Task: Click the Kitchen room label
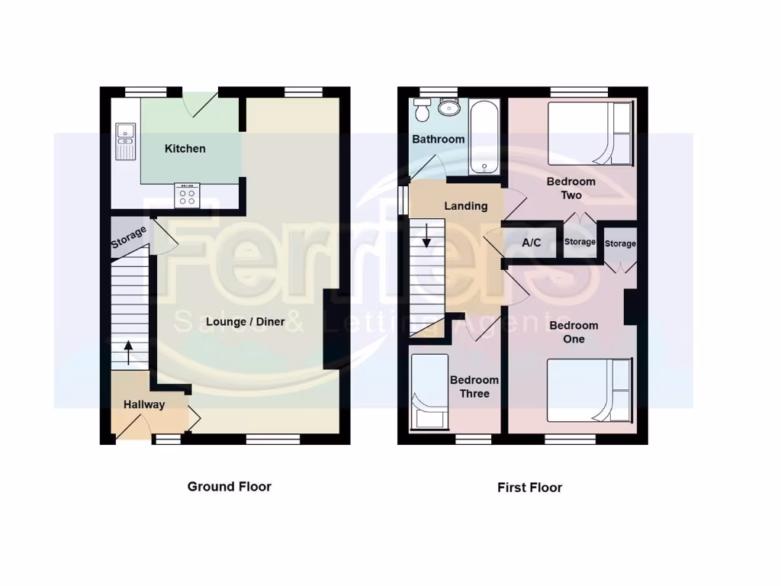tap(185, 149)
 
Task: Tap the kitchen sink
tap(124, 140)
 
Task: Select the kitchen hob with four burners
tap(187, 196)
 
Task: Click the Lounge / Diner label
tap(246, 322)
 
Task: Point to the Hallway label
tap(144, 404)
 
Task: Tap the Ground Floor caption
tap(230, 486)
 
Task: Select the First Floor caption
tap(529, 487)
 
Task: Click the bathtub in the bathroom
tap(484, 138)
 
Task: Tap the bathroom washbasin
tap(449, 106)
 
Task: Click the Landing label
tap(466, 206)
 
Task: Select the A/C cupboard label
tap(532, 243)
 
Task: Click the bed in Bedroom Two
tap(590, 134)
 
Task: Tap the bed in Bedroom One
tap(590, 391)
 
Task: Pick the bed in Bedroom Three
tap(429, 391)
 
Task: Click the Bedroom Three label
tap(474, 387)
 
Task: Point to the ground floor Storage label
tap(129, 238)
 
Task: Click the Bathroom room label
tap(439, 140)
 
